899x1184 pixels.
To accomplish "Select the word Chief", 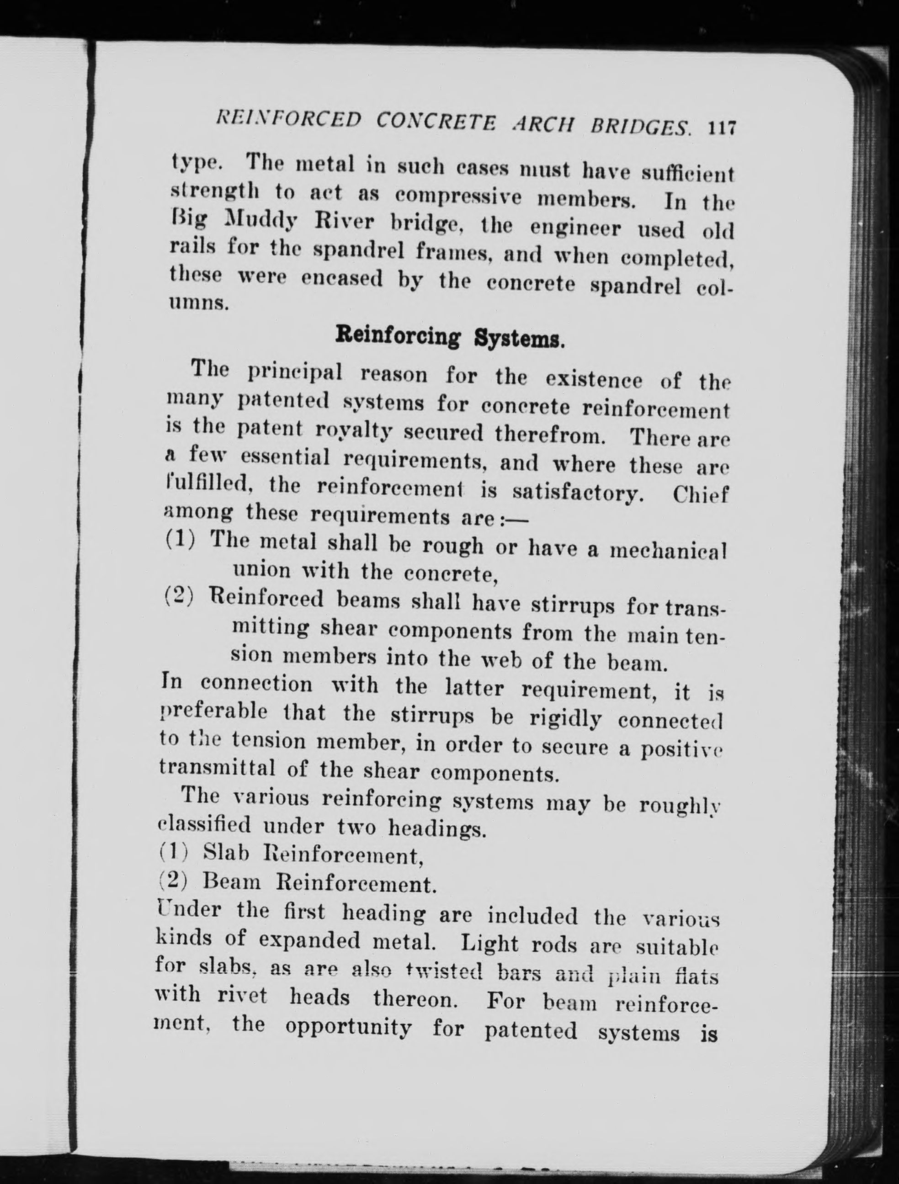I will click(x=701, y=495).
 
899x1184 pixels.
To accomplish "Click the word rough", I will click(x=453, y=546).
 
